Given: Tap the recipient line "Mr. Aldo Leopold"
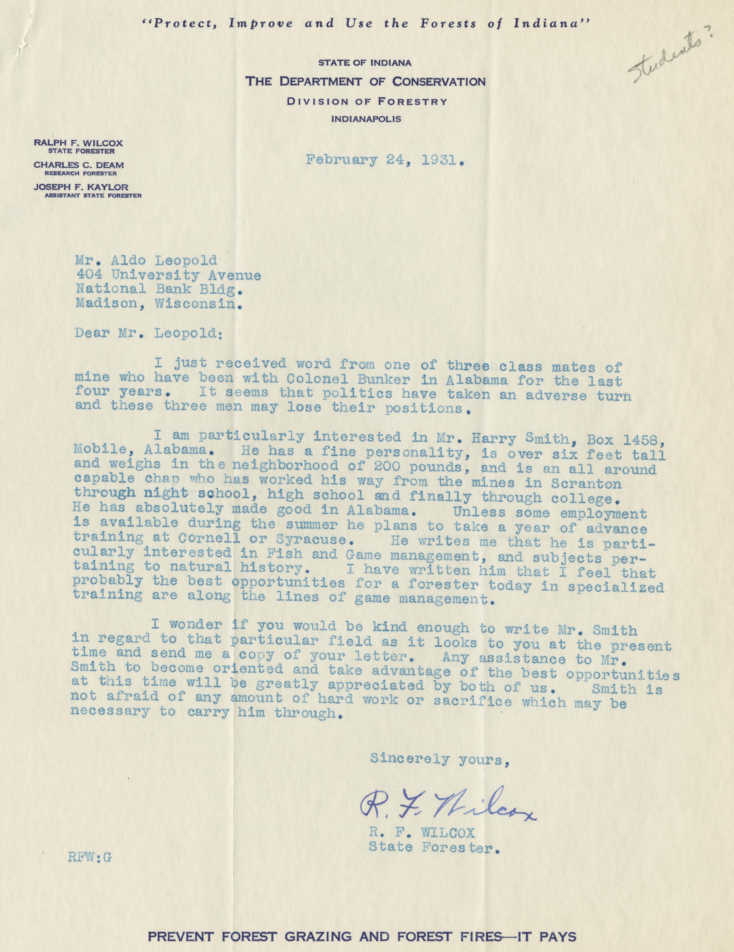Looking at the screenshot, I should (x=146, y=261).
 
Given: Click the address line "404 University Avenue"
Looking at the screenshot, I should (x=168, y=275).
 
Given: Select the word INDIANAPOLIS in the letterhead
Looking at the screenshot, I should (x=367, y=119).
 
